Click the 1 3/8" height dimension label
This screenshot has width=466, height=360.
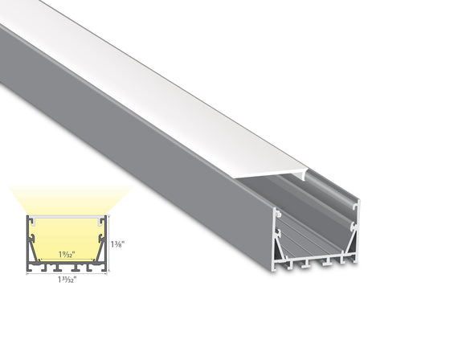[118, 244]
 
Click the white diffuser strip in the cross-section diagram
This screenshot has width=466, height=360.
[68, 218]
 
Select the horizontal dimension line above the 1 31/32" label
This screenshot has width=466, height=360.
[68, 272]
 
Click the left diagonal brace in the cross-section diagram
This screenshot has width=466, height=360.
[35, 253]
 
